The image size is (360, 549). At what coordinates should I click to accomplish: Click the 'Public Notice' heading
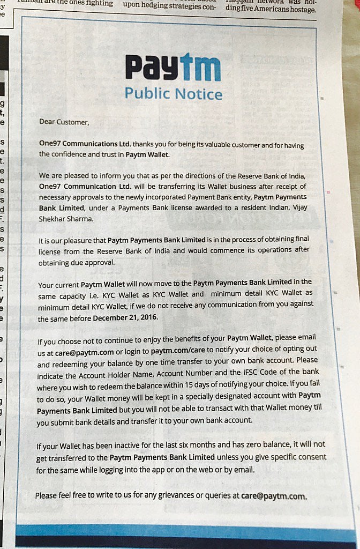point(174,94)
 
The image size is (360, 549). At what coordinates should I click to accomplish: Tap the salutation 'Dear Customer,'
point(64,122)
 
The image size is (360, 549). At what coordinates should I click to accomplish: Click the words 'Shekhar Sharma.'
point(66,219)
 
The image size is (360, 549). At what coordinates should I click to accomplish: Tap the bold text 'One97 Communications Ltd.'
point(85,145)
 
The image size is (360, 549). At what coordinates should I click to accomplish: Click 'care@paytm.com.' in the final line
point(274,496)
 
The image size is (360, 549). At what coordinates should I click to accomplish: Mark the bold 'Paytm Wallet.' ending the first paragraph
point(147,155)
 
